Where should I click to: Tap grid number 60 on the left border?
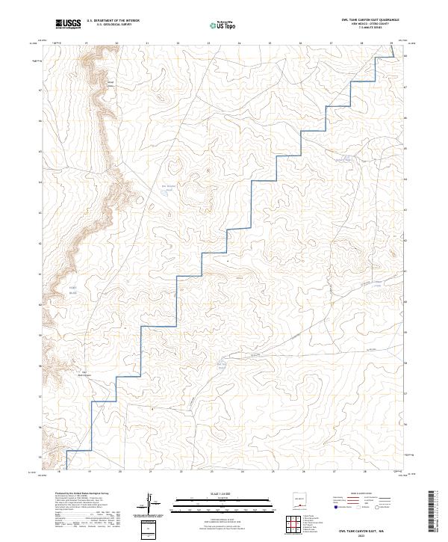coord(40,305)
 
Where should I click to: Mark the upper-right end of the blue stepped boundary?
coord(394,55)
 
